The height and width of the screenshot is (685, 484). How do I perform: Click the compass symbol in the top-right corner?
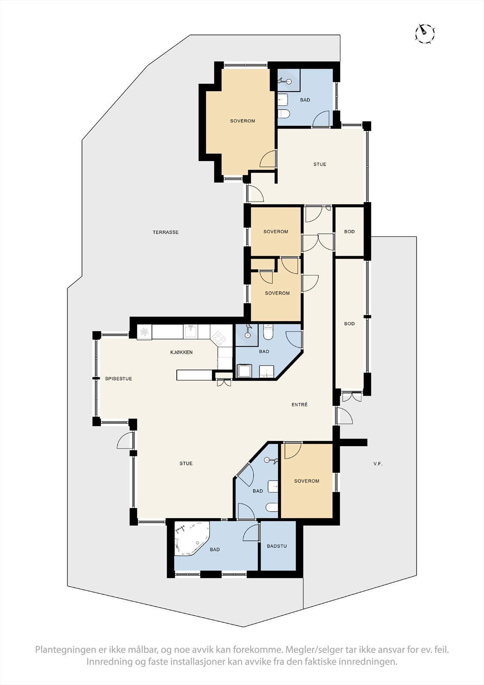[x=425, y=33]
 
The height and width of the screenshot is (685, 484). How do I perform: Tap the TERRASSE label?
[x=166, y=232]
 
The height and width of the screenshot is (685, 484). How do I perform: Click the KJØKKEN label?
[x=181, y=352]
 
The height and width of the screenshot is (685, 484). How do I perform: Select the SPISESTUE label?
[x=119, y=379]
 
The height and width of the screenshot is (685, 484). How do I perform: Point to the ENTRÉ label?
[x=300, y=405]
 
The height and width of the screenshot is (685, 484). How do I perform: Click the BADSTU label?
[x=277, y=546]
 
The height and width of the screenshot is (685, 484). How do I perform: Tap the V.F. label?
[x=377, y=464]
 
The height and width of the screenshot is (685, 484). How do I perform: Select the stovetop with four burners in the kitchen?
[x=220, y=338]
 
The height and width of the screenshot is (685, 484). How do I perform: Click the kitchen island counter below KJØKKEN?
[x=195, y=375]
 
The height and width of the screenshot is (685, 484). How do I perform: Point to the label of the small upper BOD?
[x=349, y=232]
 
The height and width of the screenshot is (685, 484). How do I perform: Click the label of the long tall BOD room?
[x=349, y=324]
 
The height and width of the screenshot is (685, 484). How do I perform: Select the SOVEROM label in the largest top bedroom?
[x=243, y=121]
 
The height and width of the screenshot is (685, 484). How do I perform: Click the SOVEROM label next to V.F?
[x=307, y=481]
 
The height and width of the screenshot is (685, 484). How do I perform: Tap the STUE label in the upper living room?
[x=320, y=164]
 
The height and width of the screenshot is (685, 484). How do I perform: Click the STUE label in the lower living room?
[x=186, y=464]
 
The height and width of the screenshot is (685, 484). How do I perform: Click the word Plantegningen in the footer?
[x=66, y=650]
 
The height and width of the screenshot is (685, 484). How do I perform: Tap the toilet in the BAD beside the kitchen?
[x=268, y=333]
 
